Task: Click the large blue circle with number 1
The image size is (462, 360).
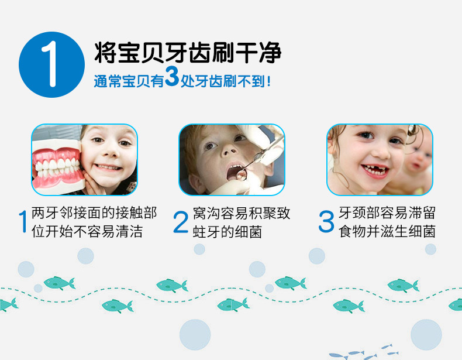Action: pos(51,64)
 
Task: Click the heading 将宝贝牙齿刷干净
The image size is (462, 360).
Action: pos(188,53)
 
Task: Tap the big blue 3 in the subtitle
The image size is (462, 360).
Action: pos(172,76)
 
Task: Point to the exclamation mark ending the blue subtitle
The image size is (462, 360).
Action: pos(268,81)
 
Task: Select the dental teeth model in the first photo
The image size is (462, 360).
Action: pos(57,167)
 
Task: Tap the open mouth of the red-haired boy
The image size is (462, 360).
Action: pos(236,173)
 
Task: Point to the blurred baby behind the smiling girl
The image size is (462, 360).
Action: pos(418,165)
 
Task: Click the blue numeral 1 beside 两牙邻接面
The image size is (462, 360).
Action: pos(23,221)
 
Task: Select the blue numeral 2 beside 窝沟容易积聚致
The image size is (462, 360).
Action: pos(181,222)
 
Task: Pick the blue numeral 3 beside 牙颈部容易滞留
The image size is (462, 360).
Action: pos(326,221)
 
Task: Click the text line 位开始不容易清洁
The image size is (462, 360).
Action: pos(87,231)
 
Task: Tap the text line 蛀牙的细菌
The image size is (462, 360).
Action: pos(227,232)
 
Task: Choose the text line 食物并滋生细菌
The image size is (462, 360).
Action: pos(387,231)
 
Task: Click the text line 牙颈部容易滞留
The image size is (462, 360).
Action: pos(387,213)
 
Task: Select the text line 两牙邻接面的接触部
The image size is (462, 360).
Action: pos(94,213)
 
